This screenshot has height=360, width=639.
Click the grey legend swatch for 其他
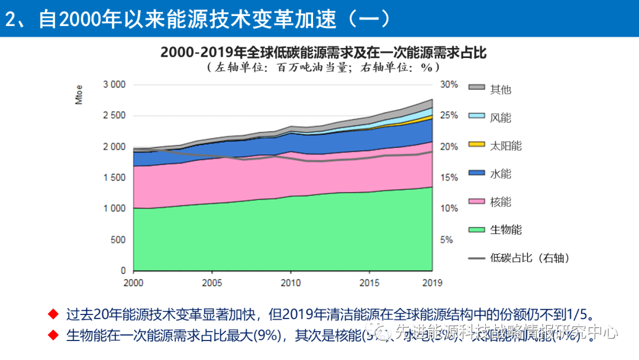(x=477, y=88)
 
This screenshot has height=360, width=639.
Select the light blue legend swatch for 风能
(x=477, y=115)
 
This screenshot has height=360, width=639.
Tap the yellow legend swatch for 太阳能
(x=477, y=144)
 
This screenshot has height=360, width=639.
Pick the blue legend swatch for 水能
(x=477, y=172)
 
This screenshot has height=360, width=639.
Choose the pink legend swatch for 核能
(x=477, y=201)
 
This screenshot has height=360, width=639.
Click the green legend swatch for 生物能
(x=477, y=229)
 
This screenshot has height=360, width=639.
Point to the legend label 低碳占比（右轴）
(x=530, y=258)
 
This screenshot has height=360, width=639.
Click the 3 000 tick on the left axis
(x=114, y=85)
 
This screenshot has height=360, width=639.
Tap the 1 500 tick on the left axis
(x=114, y=178)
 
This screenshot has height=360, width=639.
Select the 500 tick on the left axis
(x=118, y=240)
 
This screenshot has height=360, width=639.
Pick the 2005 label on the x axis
(x=212, y=283)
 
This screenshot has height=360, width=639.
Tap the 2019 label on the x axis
(x=431, y=283)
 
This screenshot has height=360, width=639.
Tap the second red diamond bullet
(x=53, y=335)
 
